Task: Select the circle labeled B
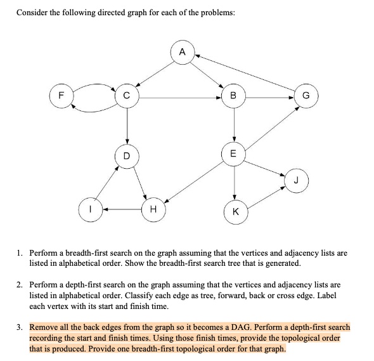click(235, 98)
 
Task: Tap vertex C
click(127, 98)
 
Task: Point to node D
click(127, 154)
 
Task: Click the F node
click(60, 98)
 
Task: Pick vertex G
click(307, 98)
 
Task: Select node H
click(152, 209)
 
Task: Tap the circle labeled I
click(91, 209)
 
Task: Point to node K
click(235, 212)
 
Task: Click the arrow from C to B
click(181, 98)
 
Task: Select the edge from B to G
click(271, 98)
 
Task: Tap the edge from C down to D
click(127, 126)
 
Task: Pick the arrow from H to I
click(121, 209)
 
